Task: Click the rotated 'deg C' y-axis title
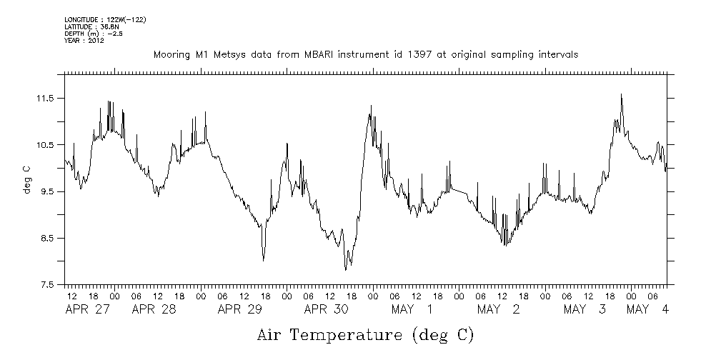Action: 27,179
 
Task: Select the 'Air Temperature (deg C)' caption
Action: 365,334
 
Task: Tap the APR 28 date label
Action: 154,309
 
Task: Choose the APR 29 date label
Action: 240,309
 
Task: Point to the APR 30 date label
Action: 326,309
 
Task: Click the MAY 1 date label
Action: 412,309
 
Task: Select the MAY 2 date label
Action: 498,309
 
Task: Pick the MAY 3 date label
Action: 585,309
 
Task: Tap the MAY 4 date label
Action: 648,309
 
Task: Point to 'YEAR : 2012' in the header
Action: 84,40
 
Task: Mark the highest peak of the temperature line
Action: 621,94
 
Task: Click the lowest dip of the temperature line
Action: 345,269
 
